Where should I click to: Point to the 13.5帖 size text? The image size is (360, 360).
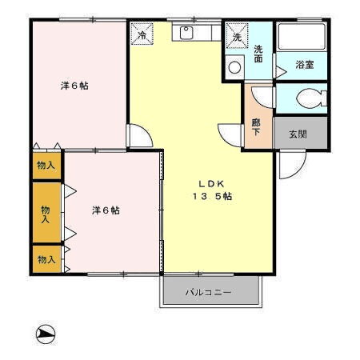(x=211, y=196)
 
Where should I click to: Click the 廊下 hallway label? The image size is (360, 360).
(x=256, y=127)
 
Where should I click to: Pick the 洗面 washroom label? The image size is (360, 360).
(x=258, y=54)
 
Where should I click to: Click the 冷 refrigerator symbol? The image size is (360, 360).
(x=142, y=34)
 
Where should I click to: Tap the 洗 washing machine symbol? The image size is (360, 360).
(x=237, y=36)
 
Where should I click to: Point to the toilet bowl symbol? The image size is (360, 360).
(x=307, y=99)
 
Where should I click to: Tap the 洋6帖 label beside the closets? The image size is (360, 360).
(x=105, y=210)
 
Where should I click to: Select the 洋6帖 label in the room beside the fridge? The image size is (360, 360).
(x=73, y=85)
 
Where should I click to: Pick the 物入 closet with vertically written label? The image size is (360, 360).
(x=46, y=214)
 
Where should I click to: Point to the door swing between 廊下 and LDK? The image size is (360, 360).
(x=230, y=135)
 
